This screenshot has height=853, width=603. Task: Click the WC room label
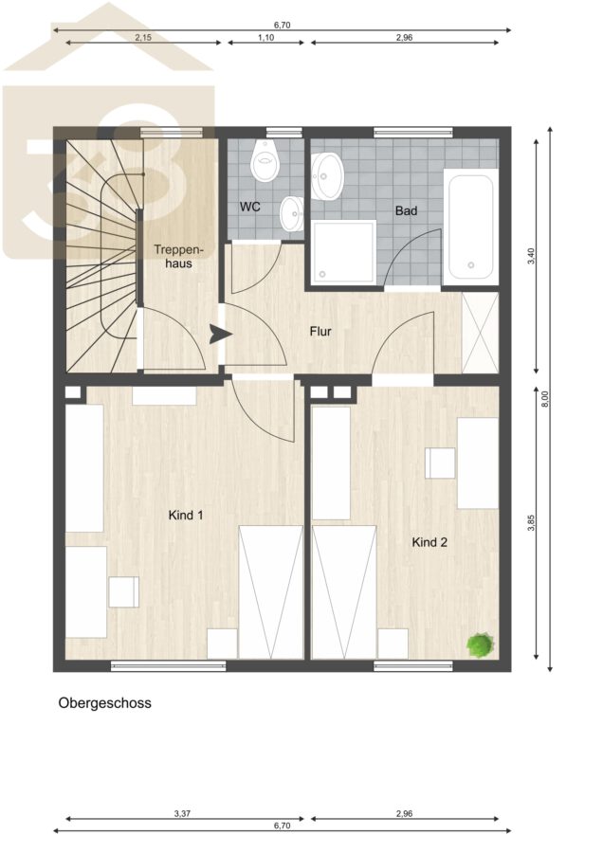(249, 207)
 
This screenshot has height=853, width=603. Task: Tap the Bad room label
(406, 210)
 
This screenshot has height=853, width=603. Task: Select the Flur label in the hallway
(320, 332)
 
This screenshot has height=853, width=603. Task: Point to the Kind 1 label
(186, 515)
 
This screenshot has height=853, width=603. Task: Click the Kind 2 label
(429, 542)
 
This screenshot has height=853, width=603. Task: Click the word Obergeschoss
(104, 703)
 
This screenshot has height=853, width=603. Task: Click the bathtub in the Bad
(471, 227)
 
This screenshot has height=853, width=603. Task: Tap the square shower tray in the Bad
(344, 252)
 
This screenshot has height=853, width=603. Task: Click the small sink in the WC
(292, 214)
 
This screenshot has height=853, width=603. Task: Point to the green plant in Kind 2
(481, 645)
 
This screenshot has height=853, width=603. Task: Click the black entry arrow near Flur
(220, 335)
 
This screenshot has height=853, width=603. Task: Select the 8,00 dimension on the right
(546, 399)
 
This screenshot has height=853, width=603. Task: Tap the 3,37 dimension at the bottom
(182, 814)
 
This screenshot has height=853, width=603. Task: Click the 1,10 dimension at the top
(266, 38)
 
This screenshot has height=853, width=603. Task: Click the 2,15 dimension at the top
(143, 38)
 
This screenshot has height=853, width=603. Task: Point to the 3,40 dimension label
(532, 256)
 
